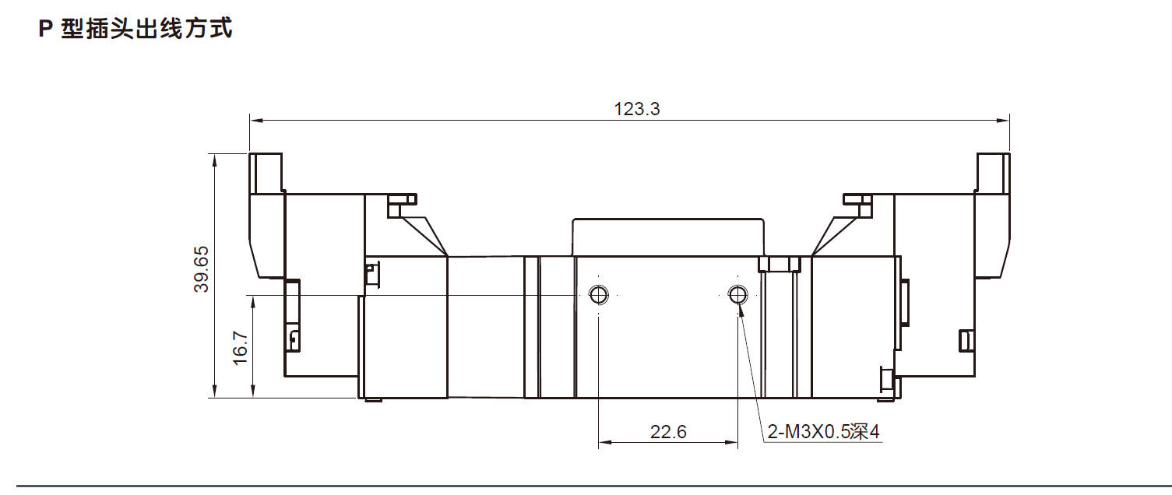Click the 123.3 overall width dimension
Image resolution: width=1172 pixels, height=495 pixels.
(x=637, y=109)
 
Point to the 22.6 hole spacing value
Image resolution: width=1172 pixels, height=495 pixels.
(x=668, y=431)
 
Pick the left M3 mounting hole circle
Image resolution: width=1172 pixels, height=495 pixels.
(x=598, y=294)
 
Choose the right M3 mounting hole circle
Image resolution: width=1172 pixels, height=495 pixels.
(x=737, y=294)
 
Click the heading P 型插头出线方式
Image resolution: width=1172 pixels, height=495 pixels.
(x=136, y=30)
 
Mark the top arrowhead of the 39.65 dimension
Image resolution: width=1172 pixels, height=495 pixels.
(x=213, y=159)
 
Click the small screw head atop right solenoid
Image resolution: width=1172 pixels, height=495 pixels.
(x=857, y=200)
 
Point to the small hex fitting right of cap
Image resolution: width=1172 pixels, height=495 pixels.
(x=780, y=264)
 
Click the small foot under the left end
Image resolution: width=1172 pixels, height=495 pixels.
(x=373, y=401)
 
